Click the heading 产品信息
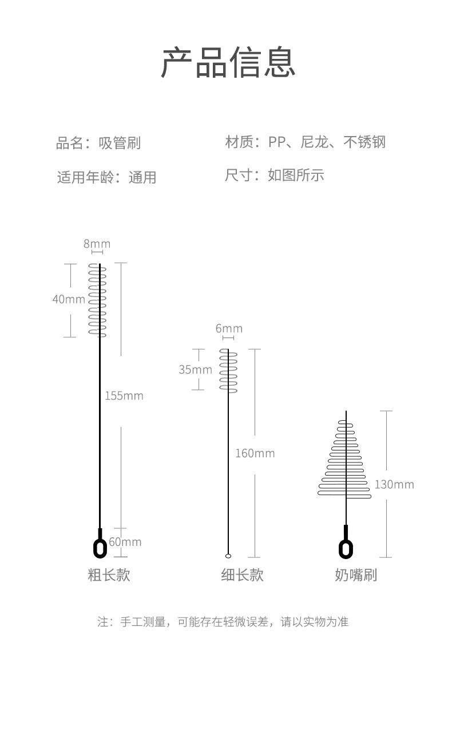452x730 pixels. (228, 62)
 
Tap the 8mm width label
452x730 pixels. (97, 244)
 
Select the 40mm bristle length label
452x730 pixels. (69, 299)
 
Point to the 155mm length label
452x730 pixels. (124, 396)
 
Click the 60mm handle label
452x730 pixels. (125, 542)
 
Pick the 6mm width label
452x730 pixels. (229, 329)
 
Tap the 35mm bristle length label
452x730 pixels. (195, 369)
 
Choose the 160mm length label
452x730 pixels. (255, 453)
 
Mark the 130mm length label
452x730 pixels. (394, 485)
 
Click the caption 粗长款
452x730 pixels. (109, 575)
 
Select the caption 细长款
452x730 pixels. (242, 575)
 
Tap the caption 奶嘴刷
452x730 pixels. (356, 575)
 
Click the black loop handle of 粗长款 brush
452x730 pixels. (100, 548)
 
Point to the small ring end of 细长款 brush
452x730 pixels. (228, 555)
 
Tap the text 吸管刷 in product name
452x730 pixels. (119, 143)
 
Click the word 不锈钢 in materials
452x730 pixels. (364, 142)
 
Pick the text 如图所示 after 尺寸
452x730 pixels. (296, 175)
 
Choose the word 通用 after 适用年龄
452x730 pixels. (142, 177)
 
